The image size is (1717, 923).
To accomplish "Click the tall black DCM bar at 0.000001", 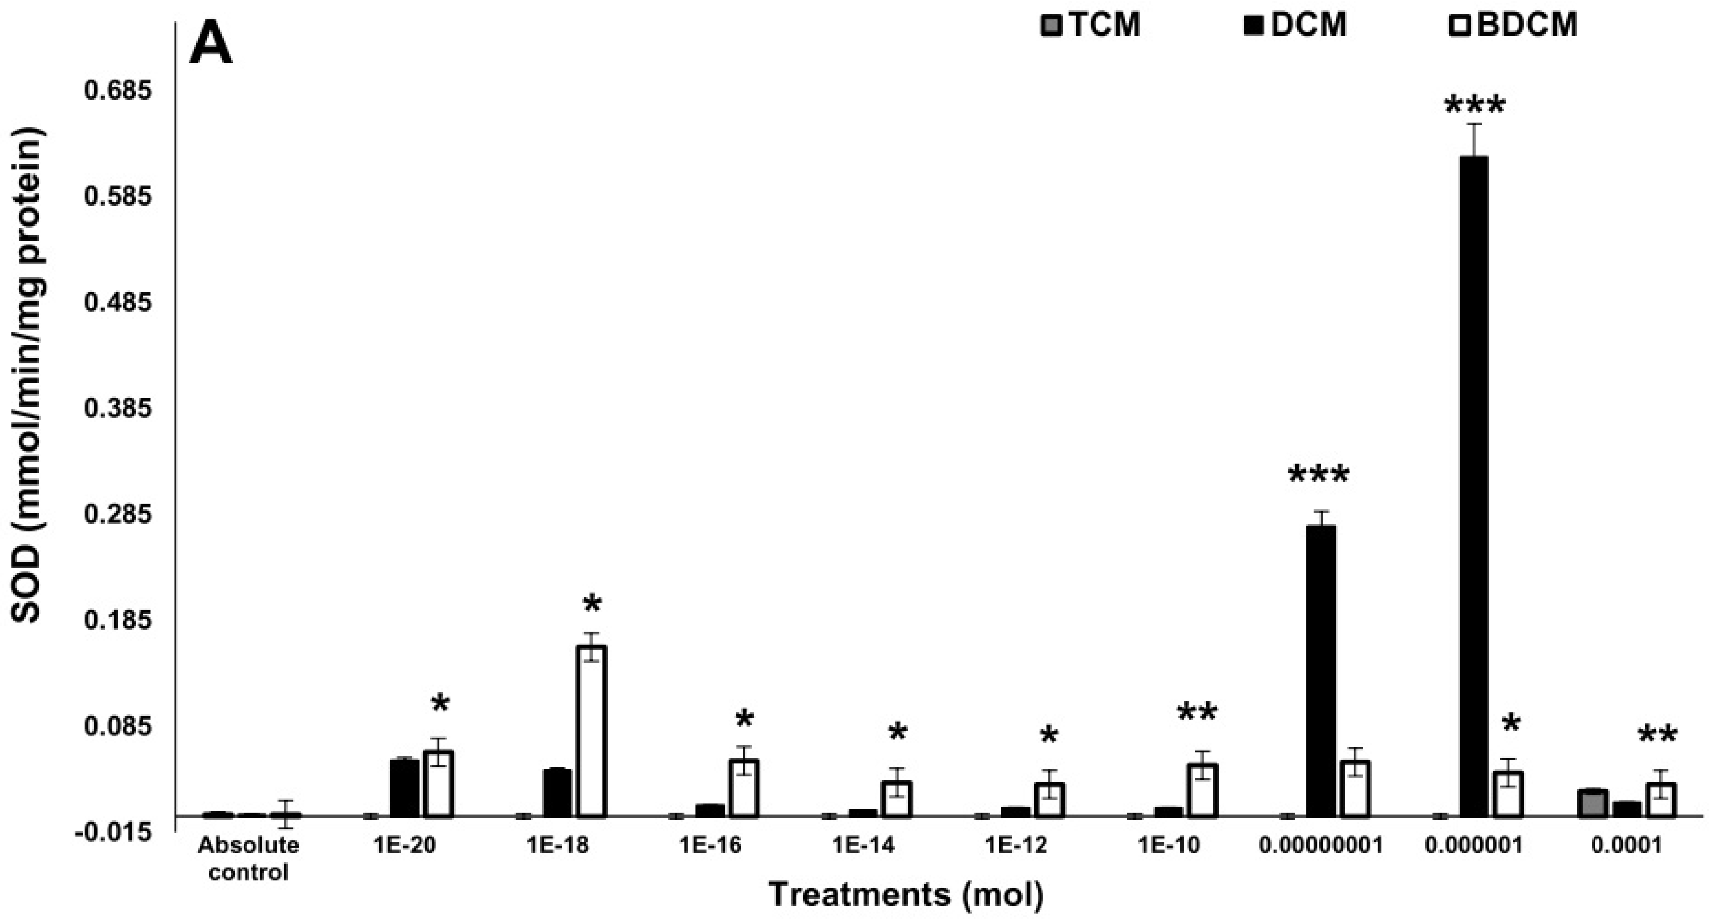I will pyautogui.click(x=1473, y=487).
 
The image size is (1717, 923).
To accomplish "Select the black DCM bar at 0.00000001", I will pyautogui.click(x=1320, y=670).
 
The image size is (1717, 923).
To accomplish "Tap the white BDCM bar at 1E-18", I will pyautogui.click(x=591, y=731).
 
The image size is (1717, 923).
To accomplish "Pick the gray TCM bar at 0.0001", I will pyautogui.click(x=1593, y=802).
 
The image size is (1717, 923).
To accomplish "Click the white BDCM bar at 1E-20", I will pyautogui.click(x=438, y=784).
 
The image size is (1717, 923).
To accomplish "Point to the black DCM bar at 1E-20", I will pyautogui.click(x=405, y=787).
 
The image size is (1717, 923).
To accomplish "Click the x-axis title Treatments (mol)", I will pyautogui.click(x=906, y=894).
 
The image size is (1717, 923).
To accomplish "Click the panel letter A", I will pyautogui.click(x=211, y=44).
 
